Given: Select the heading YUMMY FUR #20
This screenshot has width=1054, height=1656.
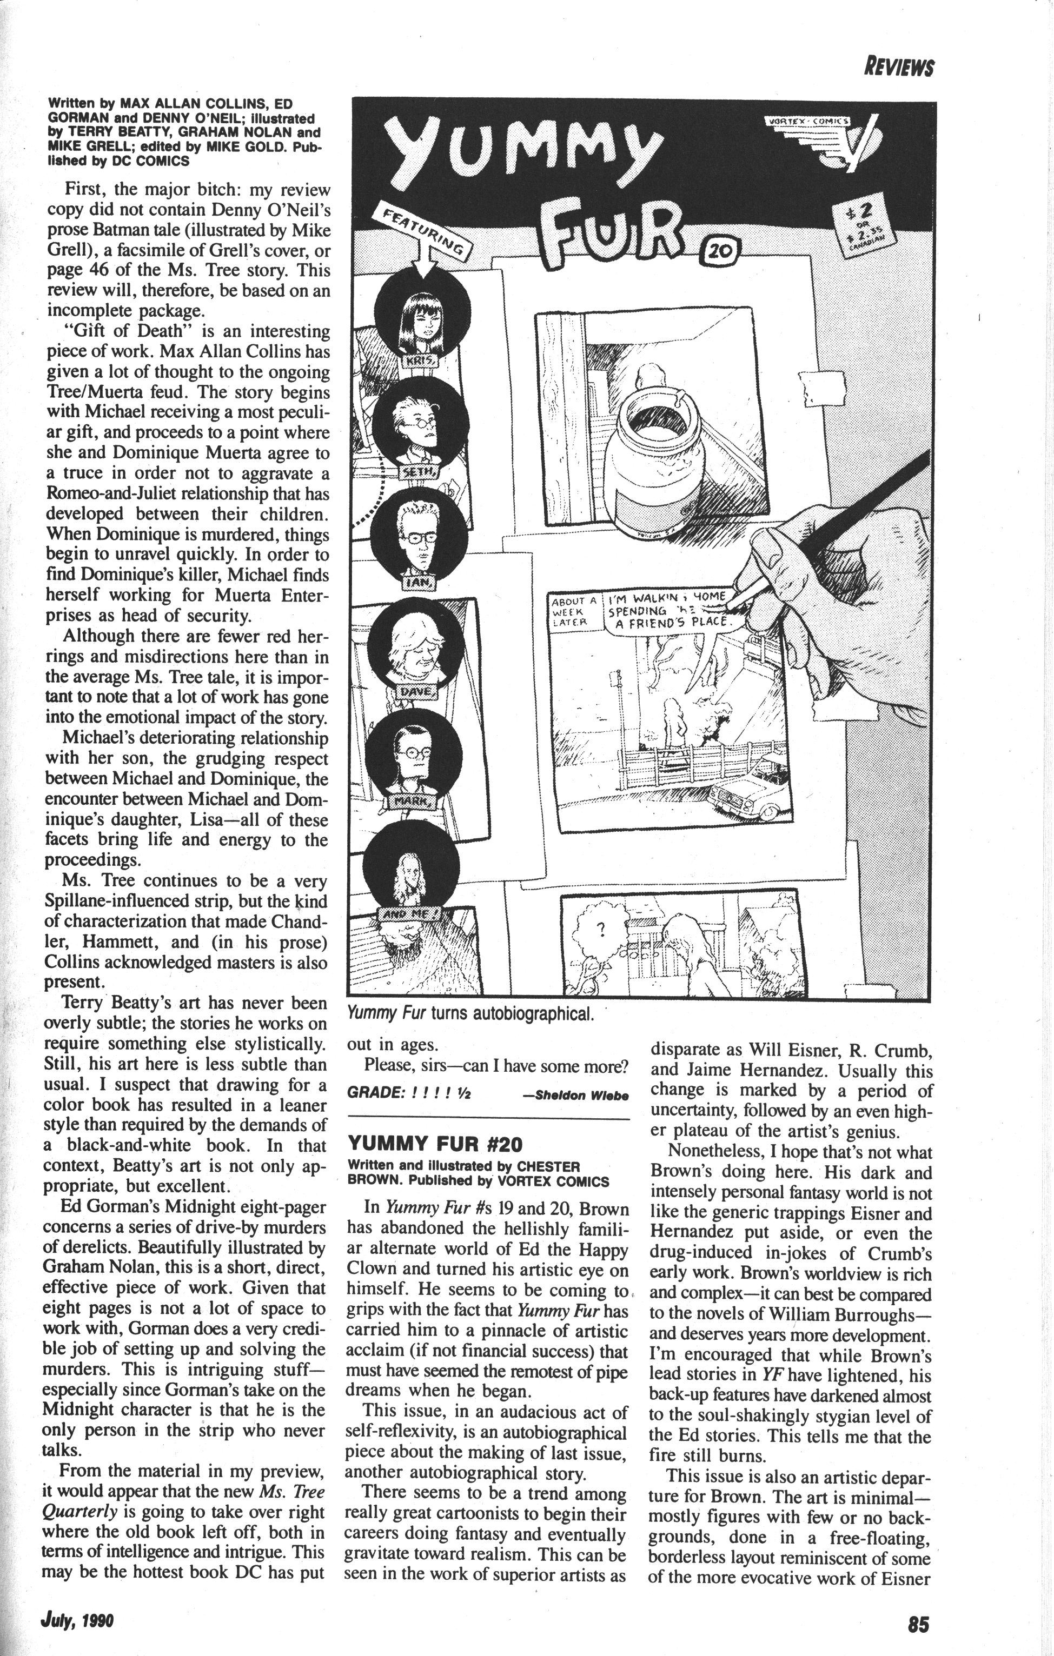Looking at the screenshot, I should click(x=435, y=1144).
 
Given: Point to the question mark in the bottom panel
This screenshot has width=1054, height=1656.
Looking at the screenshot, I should click(x=600, y=931).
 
